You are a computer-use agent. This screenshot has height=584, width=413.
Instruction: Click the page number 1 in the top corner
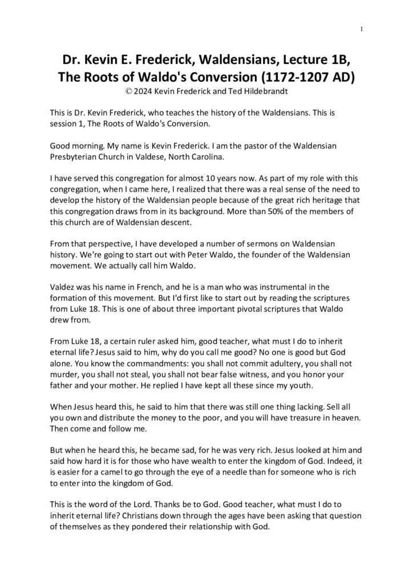pyautogui.click(x=362, y=29)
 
